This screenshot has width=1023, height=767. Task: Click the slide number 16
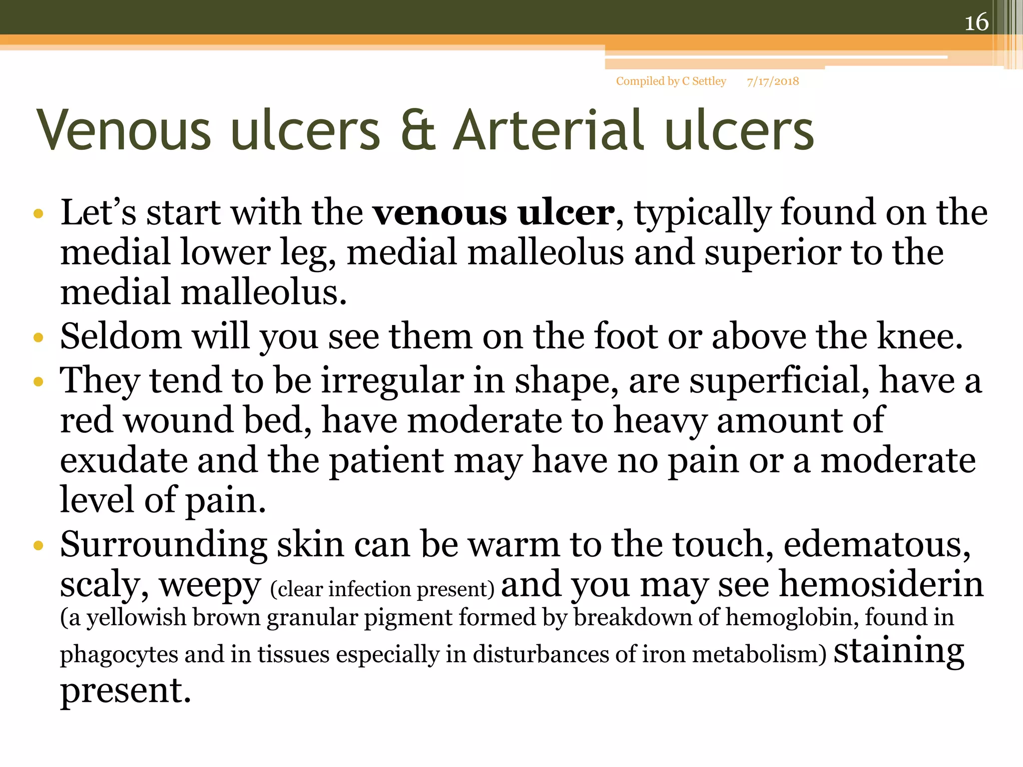[x=976, y=22]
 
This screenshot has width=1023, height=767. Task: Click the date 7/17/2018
[x=773, y=81]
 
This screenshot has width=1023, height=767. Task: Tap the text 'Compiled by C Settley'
[x=671, y=81]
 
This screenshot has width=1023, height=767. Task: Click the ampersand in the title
[x=419, y=131]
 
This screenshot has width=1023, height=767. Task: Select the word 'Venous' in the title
[x=124, y=131]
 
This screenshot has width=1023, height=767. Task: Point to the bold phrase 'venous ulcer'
[x=494, y=213]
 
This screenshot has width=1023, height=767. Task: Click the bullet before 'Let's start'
[x=38, y=215]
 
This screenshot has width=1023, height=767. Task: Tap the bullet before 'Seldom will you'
[x=38, y=338]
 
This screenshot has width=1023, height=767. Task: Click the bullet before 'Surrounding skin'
[x=38, y=546]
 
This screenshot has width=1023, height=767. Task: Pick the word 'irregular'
[x=392, y=381]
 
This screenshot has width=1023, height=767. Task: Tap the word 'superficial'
[x=779, y=381]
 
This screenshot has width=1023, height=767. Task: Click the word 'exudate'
[x=123, y=460]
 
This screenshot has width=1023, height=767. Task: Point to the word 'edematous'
[x=877, y=544]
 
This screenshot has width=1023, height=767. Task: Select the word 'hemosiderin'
[x=881, y=584]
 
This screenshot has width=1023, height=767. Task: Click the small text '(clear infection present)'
[x=382, y=589]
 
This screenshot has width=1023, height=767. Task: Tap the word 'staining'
[x=899, y=651]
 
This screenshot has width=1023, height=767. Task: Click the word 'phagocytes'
[x=119, y=655]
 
